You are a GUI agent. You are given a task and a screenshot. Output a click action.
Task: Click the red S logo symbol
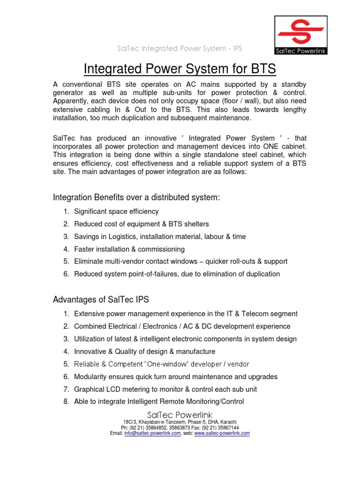coord(300,32)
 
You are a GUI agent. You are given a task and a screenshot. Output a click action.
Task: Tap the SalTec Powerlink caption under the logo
coord(300,51)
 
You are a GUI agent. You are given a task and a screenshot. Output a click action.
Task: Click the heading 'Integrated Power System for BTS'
coord(180,69)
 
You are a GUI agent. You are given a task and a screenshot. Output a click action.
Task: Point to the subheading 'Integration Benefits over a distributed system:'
coord(136,198)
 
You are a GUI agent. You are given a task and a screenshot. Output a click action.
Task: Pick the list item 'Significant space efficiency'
coord(116,212)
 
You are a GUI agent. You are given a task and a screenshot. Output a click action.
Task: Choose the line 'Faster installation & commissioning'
coord(129,249)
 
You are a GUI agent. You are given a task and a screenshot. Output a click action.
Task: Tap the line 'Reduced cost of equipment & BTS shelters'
coord(142,224)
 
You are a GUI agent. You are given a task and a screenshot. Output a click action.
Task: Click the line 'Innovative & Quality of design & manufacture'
coord(145,352)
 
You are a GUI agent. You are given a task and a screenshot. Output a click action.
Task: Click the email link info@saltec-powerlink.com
coord(152,434)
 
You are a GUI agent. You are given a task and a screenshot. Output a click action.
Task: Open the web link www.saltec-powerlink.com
coord(222,434)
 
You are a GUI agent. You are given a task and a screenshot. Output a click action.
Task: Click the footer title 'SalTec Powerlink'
coord(180,415)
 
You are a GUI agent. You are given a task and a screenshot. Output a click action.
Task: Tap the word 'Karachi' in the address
coord(228,422)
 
